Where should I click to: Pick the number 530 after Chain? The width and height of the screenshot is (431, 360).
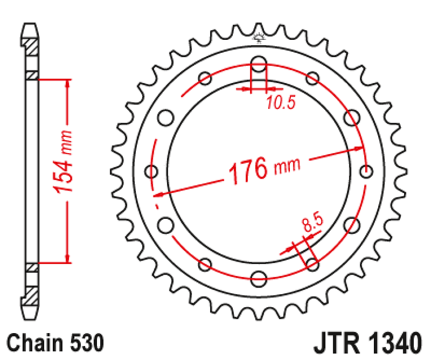coord(87,343)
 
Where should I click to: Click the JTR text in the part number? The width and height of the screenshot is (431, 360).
coord(336,343)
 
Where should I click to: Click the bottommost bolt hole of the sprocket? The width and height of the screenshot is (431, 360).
coord(259,277)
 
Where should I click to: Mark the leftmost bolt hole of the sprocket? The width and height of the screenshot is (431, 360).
coord(152,171)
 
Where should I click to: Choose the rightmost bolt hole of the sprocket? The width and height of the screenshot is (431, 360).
coord(366,170)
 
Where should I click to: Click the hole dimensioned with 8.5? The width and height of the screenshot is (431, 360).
coord(312,263)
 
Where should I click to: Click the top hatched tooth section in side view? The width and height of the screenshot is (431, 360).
coord(31,47)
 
